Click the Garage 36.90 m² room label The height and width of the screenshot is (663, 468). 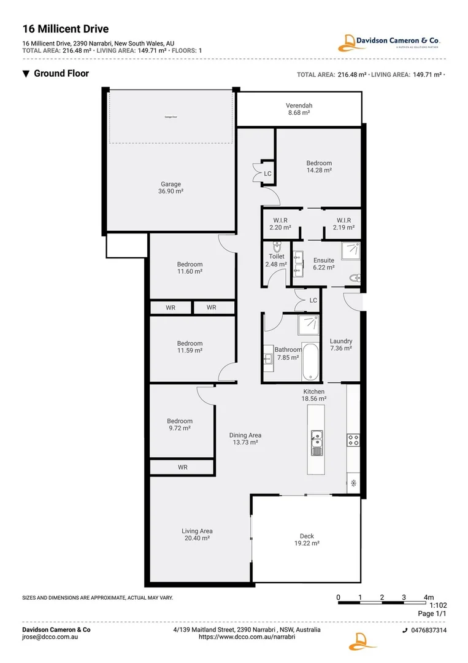click(171, 188)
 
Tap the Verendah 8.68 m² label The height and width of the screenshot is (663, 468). click(299, 109)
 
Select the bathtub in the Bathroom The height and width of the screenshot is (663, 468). click(310, 362)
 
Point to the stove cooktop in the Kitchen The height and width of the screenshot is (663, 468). click(353, 440)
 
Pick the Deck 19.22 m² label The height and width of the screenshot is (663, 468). click(307, 540)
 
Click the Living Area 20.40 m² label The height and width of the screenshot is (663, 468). click(196, 534)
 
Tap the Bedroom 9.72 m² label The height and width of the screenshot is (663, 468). click(180, 424)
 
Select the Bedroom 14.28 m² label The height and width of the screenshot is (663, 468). click(319, 166)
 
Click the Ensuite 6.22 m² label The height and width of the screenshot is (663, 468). click(323, 263)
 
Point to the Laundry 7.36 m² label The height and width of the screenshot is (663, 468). click(340, 344)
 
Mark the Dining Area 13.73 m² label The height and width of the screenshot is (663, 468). click(245, 438)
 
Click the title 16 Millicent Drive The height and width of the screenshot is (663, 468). click(66, 28)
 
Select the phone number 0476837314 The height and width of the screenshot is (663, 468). click(428, 630)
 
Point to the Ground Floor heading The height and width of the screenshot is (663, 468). click(61, 74)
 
